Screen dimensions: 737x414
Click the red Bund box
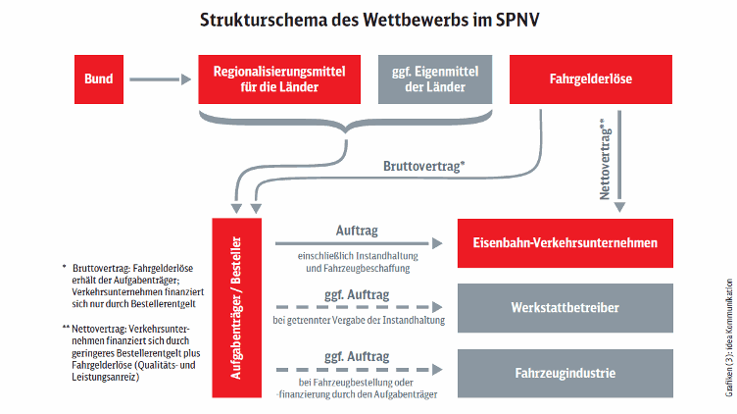[x=99, y=79]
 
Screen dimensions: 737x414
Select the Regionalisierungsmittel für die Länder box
[x=279, y=79]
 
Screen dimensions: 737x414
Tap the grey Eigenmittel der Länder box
[x=435, y=79]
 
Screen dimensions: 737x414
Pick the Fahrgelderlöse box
[x=591, y=79]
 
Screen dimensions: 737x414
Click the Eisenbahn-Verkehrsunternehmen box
[x=565, y=243]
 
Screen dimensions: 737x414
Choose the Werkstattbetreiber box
[x=565, y=308]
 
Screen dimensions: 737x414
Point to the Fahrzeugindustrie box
[x=565, y=374]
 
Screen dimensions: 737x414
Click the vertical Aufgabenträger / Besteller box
[x=236, y=308]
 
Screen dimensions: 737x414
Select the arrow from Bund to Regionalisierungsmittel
[x=161, y=79]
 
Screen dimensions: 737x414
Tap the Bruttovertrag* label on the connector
[x=424, y=166]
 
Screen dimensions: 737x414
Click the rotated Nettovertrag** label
[x=605, y=159]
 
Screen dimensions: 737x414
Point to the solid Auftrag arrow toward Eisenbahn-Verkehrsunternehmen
[x=359, y=243]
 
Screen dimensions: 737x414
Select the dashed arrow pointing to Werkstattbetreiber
[x=359, y=307]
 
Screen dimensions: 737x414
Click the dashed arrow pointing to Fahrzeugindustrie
[x=359, y=370]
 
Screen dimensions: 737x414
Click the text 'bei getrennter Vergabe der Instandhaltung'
[x=359, y=321]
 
